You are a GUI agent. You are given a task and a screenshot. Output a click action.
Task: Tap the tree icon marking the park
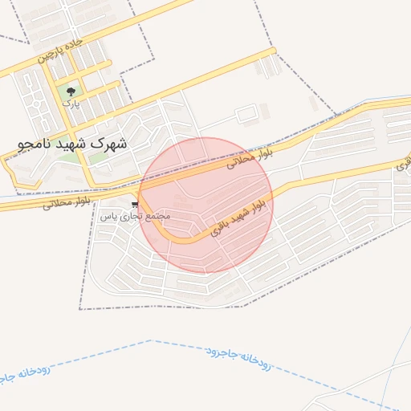click(x=71, y=92)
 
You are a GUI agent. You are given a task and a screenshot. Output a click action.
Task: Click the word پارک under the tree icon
click(x=71, y=104)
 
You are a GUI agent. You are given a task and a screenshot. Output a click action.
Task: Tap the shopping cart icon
click(x=135, y=205)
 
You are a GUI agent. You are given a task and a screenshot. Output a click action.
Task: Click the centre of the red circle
click(x=206, y=205)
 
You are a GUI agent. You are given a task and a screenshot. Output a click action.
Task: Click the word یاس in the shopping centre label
click(x=113, y=217)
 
